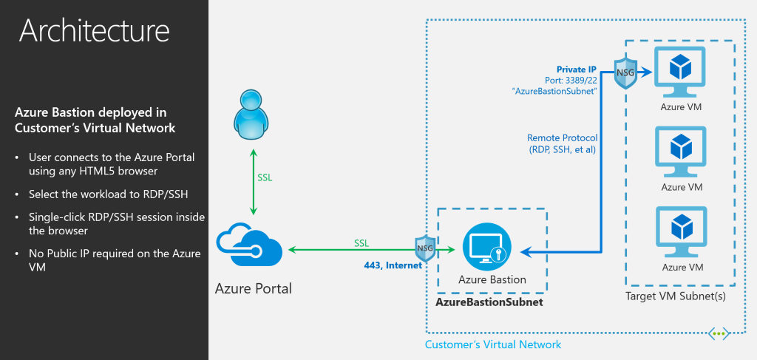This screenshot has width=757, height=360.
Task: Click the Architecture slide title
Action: tap(95, 30)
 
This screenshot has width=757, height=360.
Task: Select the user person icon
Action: tap(253, 116)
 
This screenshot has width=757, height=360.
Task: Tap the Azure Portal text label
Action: tap(254, 288)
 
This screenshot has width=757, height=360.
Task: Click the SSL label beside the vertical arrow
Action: tap(265, 178)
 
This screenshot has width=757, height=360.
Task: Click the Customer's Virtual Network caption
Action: tap(493, 344)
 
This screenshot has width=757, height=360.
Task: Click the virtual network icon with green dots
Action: tap(718, 333)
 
